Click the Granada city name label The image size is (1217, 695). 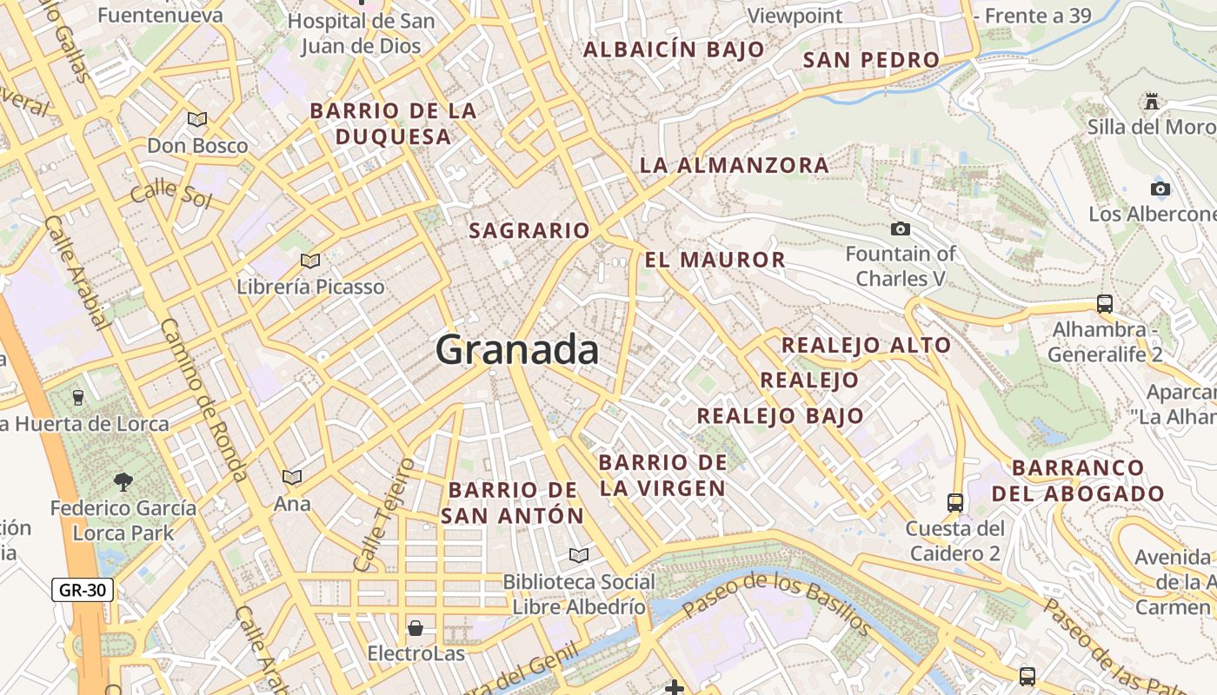(516, 350)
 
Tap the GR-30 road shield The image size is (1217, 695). (83, 591)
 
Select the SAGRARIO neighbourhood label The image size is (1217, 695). (529, 231)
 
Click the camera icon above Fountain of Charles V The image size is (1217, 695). (901, 229)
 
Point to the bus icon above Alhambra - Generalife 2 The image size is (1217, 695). (1104, 304)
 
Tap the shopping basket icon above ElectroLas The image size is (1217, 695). (416, 627)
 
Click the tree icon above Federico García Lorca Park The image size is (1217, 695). (123, 481)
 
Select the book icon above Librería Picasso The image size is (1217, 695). (310, 261)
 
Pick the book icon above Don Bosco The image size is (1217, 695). (197, 119)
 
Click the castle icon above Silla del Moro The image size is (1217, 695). (1152, 101)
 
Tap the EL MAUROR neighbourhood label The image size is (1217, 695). (715, 260)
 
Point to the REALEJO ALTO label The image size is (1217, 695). (866, 346)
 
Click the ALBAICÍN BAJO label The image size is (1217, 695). (674, 50)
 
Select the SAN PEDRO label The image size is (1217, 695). (871, 60)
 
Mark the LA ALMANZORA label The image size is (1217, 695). (735, 165)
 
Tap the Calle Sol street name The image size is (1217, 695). (171, 193)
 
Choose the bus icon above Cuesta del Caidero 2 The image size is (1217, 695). (954, 502)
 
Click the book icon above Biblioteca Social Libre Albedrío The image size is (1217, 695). (578, 555)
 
